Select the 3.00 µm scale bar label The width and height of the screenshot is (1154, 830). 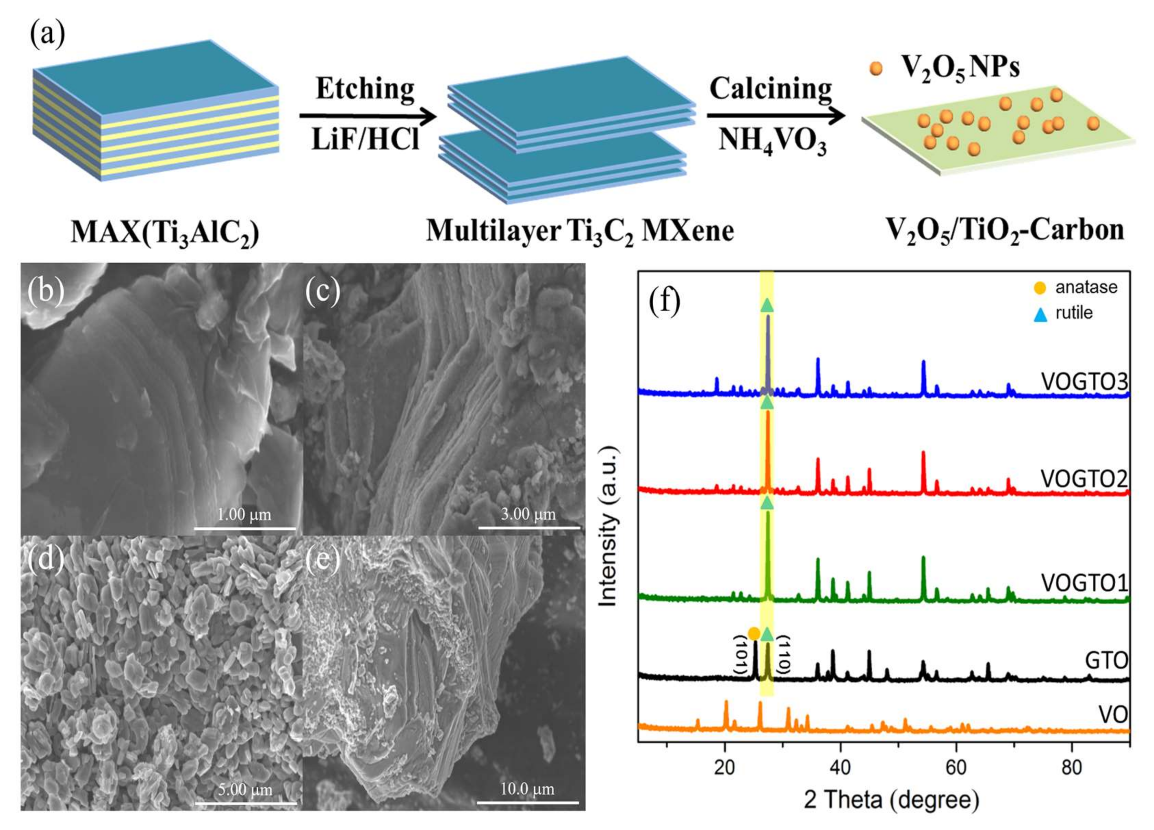(x=528, y=514)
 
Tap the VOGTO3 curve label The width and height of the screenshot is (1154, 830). (x=1084, y=382)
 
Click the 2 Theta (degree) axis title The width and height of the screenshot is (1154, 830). (x=890, y=800)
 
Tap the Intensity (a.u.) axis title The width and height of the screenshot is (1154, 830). (x=608, y=527)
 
